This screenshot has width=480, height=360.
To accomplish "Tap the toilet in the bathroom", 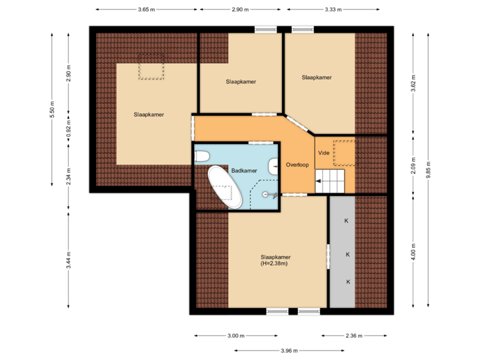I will [x=202, y=156].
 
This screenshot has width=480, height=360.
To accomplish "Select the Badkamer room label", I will [x=244, y=171].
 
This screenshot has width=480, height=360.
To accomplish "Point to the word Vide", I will [x=324, y=153].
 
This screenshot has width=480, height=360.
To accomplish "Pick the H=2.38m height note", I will [x=274, y=264].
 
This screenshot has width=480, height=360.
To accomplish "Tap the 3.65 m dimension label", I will [x=146, y=10].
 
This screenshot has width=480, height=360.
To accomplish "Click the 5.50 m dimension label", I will [x=52, y=110].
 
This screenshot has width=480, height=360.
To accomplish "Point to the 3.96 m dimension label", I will [x=289, y=351].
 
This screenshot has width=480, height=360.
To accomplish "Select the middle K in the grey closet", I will [x=347, y=254].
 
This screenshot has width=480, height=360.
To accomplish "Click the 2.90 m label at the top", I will [x=241, y=10].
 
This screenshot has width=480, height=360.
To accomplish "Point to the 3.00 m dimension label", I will [x=236, y=335].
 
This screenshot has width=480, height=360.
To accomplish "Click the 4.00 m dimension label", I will [x=413, y=251].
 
